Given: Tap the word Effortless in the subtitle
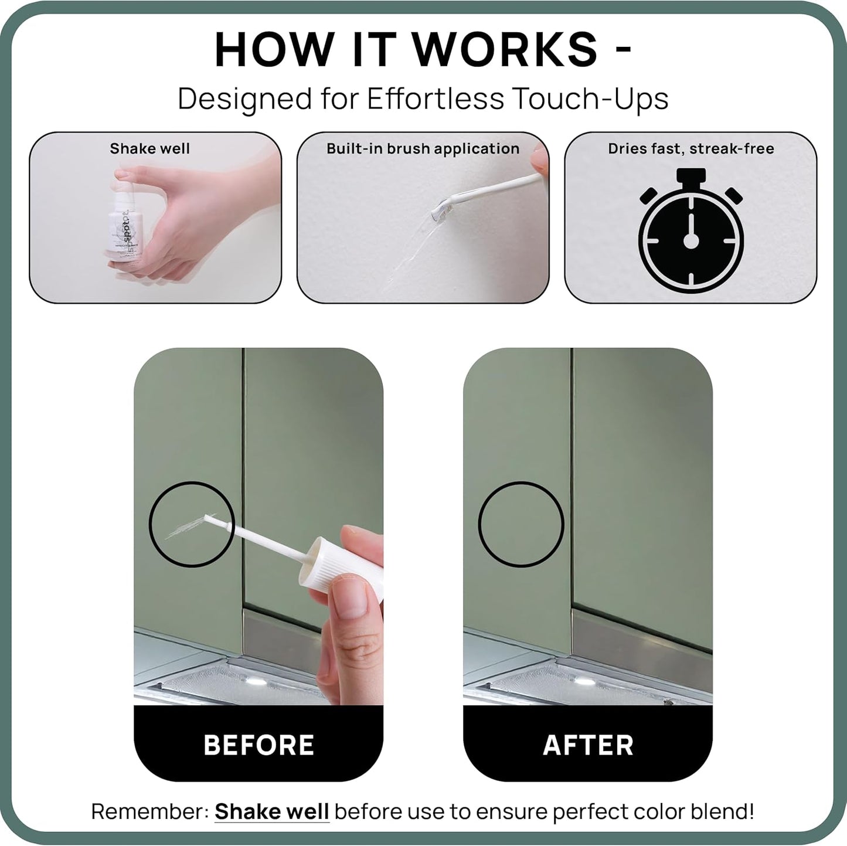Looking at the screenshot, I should click(x=435, y=98).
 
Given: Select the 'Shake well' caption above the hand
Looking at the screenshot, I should click(x=149, y=148).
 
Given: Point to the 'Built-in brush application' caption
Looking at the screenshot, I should click(x=423, y=148).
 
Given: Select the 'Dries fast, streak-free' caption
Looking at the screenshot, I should click(x=690, y=148).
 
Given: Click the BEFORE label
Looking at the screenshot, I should click(x=258, y=745).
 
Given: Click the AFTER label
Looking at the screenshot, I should click(x=588, y=745).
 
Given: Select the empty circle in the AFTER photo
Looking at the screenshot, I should click(x=521, y=524).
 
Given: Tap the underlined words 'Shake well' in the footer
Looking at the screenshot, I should click(x=271, y=812).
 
